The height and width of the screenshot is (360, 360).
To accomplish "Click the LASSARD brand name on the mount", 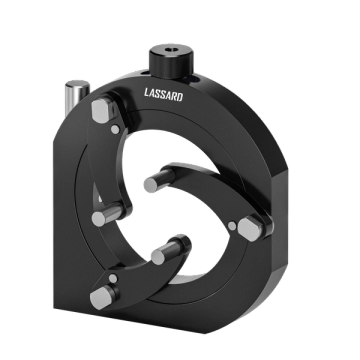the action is pos(163,94).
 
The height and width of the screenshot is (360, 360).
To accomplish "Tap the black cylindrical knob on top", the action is pos(171,61).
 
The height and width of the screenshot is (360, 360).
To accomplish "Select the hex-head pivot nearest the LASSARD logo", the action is pos(102,110).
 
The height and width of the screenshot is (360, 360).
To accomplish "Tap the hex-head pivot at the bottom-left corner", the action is pos(101,298).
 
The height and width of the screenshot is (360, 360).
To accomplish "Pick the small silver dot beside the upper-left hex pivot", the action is pos(115,130).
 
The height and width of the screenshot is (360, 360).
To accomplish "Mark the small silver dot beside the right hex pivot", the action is pos(232,226).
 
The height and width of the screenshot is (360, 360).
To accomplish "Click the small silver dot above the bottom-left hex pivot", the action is pos(113,278).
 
